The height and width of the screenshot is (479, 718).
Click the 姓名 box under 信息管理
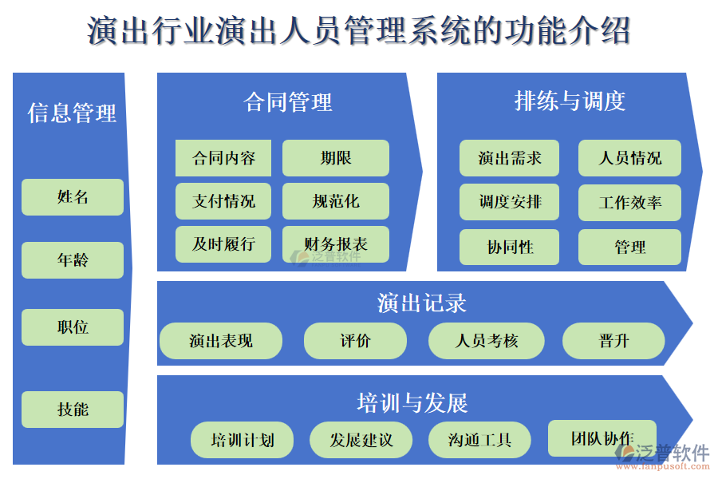[73, 197]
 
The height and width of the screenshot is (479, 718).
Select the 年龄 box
[73, 260]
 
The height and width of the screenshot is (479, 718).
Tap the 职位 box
[73, 327]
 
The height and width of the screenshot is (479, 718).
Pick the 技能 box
[73, 410]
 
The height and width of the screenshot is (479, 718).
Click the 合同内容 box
[223, 158]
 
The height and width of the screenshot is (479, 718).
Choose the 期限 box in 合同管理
[336, 158]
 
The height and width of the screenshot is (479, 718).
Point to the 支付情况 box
[223, 201]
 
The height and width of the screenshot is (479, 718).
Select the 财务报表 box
[336, 244]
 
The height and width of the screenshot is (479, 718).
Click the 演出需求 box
[509, 158]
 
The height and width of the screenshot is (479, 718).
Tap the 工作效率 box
[629, 203]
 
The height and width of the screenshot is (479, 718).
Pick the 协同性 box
[509, 247]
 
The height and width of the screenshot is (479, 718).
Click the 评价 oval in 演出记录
[355, 341]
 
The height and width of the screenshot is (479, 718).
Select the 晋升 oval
[613, 341]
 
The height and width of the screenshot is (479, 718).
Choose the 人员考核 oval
[487, 341]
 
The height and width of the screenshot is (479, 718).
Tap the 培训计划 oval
[242, 440]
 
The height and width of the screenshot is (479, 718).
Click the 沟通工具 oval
[479, 440]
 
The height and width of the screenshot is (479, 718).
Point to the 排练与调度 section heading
[570, 101]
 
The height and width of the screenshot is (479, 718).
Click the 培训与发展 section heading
[412, 402]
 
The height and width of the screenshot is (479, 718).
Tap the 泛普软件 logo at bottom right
[662, 456]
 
